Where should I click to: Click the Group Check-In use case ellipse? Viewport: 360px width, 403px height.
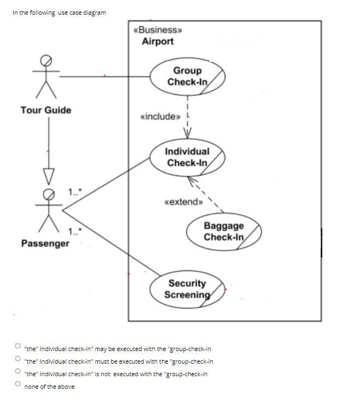pyautogui.click(x=188, y=76)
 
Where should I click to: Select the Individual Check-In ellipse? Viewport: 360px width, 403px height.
pyautogui.click(x=188, y=157)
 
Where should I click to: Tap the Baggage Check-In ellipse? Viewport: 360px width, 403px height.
pyautogui.click(x=224, y=231)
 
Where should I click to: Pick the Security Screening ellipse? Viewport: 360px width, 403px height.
pyautogui.click(x=188, y=289)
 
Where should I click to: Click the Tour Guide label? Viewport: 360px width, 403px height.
pyautogui.click(x=46, y=110)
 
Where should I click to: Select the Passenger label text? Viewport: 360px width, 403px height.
pyautogui.click(x=45, y=243)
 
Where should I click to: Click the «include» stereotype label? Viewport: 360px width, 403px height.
pyautogui.click(x=160, y=116)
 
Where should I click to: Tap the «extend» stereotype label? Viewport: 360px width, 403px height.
pyautogui.click(x=184, y=202)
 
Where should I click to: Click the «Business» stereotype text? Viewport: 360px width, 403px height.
pyautogui.click(x=158, y=30)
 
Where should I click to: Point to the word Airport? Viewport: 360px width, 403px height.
pyautogui.click(x=158, y=42)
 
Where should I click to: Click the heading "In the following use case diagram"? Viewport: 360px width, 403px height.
pyautogui.click(x=59, y=13)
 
